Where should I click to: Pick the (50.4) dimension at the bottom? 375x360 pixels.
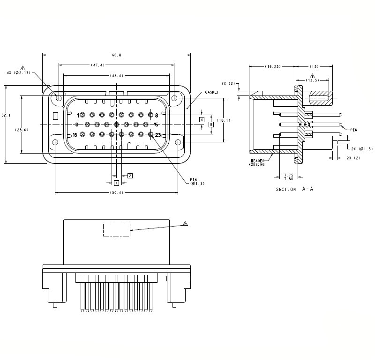pos(116,193)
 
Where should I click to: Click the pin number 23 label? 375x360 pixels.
pos(158,135)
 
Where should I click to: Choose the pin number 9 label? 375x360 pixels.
pos(76,125)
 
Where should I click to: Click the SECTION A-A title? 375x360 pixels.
pos(294,189)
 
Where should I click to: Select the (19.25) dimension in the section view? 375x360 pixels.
pos(272,66)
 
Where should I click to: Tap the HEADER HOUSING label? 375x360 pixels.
pos(257,162)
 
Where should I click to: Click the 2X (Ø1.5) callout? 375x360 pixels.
pos(360,148)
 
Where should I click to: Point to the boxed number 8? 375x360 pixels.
pos(211,125)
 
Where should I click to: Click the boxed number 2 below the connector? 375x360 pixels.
pos(130,176)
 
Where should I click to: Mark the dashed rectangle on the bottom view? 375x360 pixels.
pos(117,230)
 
